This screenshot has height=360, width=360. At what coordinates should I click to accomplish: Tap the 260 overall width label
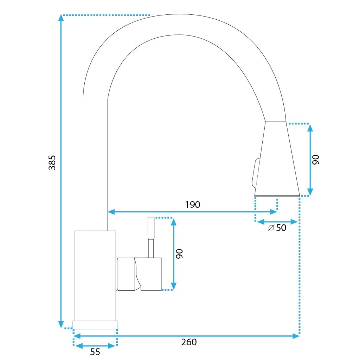[x=189, y=342]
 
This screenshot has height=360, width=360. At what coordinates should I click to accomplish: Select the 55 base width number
[x=95, y=352]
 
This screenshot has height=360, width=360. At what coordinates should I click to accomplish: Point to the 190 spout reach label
[x=193, y=205]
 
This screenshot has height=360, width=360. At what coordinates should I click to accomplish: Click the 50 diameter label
[x=281, y=228]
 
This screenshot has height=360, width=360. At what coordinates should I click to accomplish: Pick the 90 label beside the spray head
[x=315, y=160]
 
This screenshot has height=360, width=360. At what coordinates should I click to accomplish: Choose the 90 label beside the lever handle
[x=179, y=254]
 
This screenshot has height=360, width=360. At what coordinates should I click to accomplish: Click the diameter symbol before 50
[x=271, y=228]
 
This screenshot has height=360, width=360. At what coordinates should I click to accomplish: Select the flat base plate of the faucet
[x=95, y=324]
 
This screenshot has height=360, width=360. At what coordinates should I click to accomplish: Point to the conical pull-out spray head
[x=278, y=158]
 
